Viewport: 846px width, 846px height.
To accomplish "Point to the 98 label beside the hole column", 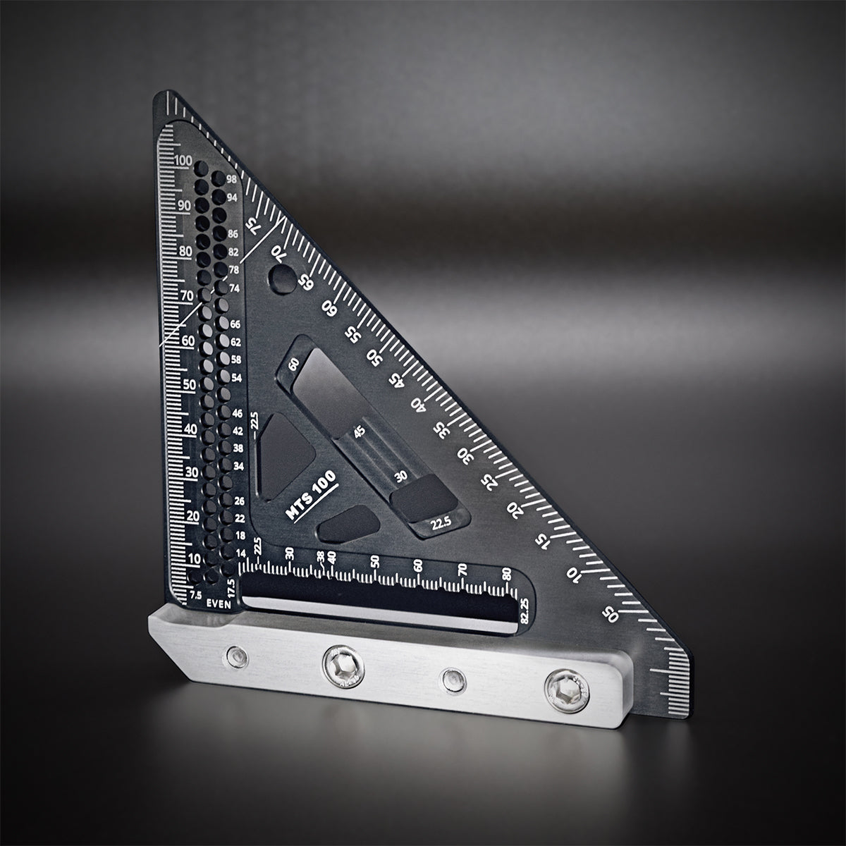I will [x=232, y=179].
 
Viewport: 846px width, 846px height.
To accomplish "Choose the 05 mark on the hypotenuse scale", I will [x=610, y=614].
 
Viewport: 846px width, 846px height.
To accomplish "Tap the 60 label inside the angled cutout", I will [x=294, y=363].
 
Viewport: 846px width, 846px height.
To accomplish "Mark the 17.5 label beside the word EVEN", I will [x=231, y=587].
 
